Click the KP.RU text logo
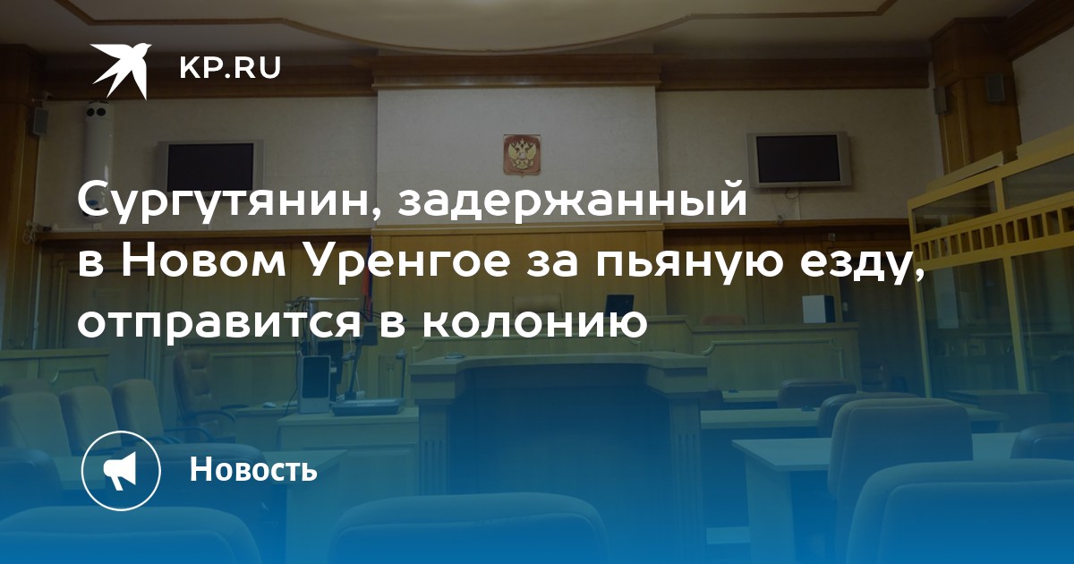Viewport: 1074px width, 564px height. pyautogui.click(x=230, y=68)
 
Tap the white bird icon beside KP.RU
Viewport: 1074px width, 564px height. pyautogui.click(x=121, y=71)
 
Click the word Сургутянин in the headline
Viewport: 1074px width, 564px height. pyautogui.click(x=225, y=201)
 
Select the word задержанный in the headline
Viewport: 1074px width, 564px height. pyautogui.click(x=572, y=201)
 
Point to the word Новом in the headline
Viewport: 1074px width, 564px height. pyautogui.click(x=203, y=264)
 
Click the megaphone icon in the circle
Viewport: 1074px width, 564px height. pyautogui.click(x=121, y=471)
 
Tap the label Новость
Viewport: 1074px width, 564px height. pyautogui.click(x=253, y=468)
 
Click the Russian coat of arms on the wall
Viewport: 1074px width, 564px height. pyautogui.click(x=522, y=154)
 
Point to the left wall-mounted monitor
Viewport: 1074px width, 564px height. pyautogui.click(x=210, y=167)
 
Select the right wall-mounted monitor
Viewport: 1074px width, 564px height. pyautogui.click(x=797, y=159)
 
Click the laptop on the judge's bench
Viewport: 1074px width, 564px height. pyautogui.click(x=619, y=304)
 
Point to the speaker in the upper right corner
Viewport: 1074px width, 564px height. pyautogui.click(x=995, y=88)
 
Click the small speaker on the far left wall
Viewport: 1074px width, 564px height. pyautogui.click(x=40, y=120)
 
